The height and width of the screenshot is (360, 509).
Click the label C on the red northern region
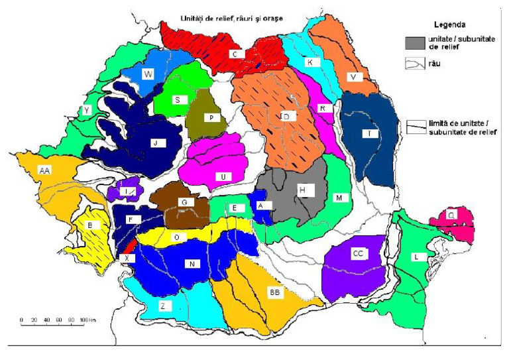[x=234, y=53]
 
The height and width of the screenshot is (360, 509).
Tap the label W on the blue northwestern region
[x=147, y=74]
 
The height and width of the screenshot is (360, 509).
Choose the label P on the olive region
[x=209, y=117]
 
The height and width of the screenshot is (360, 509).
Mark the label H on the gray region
[x=302, y=190]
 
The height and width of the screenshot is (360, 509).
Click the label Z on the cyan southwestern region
[x=162, y=306]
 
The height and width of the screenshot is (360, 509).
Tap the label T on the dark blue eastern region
[x=368, y=133]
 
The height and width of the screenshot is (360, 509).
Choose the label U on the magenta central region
[x=224, y=176]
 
